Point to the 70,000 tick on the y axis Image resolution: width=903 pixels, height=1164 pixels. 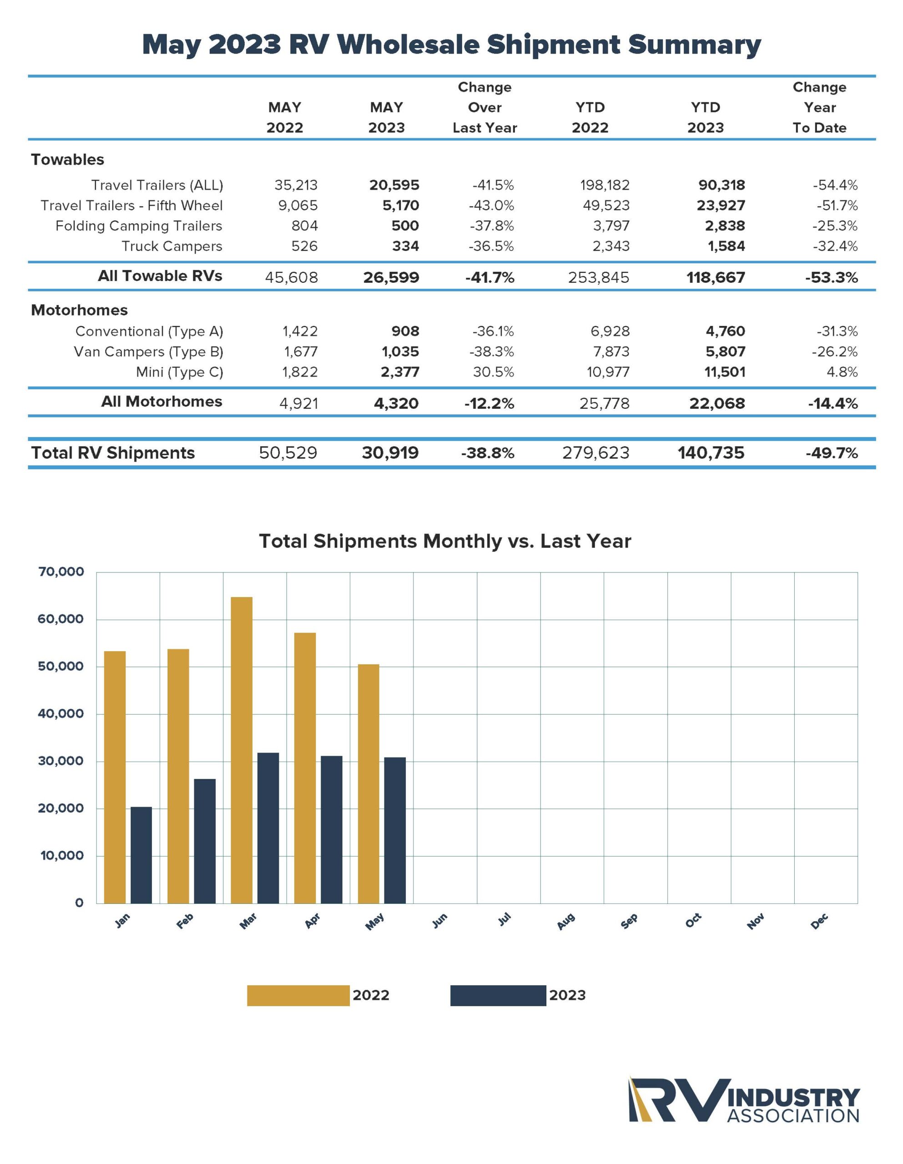pos(61,572)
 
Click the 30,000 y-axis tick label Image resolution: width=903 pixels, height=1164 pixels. pos(61,761)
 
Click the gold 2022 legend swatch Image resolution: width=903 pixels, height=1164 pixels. pos(298,996)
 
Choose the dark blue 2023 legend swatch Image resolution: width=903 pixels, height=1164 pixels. pos(498,996)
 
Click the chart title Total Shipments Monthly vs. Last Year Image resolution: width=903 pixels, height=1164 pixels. pos(445,541)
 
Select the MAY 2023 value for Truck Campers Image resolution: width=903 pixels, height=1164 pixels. pos(405,246)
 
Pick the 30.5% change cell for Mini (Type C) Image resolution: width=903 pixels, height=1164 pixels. pos(494,372)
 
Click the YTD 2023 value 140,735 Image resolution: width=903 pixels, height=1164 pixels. pos(711,453)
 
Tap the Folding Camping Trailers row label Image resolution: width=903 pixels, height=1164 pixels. pos(139,226)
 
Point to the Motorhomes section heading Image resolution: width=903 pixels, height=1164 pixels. pos(80,310)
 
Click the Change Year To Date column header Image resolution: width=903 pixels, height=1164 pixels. pos(819,108)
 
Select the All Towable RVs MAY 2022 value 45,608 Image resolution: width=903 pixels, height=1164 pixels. pos(291,277)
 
